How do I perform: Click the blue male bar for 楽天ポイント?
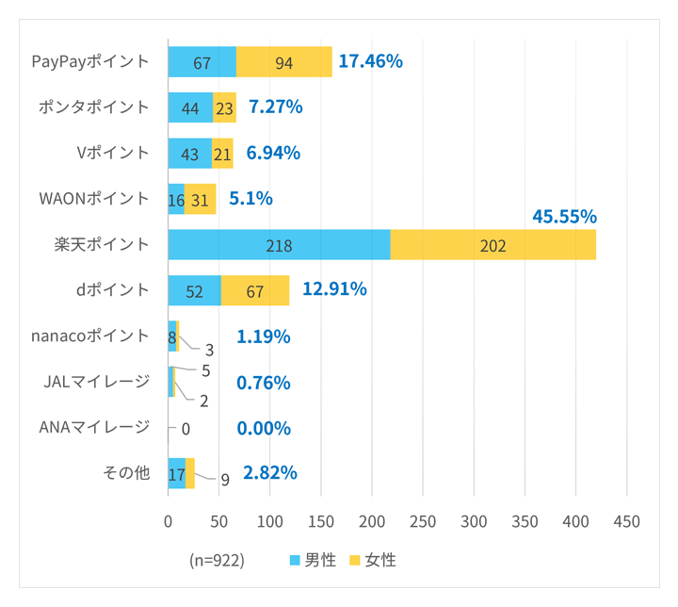pos(279,244)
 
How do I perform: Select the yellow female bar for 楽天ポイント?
pos(493,244)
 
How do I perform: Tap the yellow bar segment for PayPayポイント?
pos(284,62)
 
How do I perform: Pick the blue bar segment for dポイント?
pos(194,290)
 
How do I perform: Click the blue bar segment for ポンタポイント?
pos(190,107)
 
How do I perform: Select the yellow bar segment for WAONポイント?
pos(200,199)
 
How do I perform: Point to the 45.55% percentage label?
pos(564,217)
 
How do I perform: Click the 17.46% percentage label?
pos(371,62)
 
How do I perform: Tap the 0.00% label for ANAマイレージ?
pos(264,428)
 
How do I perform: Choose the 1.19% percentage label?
pos(264,336)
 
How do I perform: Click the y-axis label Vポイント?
pos(113,153)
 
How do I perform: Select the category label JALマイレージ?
pos(97,382)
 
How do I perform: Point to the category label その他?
pos(126,473)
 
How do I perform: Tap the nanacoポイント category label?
pos(90,336)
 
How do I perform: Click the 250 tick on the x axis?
pos(423,521)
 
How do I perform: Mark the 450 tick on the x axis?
pos(626,521)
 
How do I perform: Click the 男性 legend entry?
pos(313,560)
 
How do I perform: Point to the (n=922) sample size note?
pos(217,560)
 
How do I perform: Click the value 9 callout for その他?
pos(225,479)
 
